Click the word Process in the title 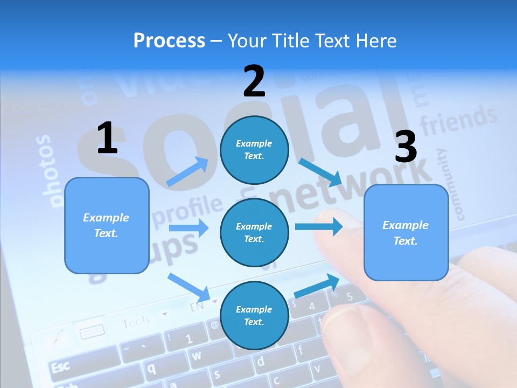(169, 40)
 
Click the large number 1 (107, 138)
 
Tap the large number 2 (254, 81)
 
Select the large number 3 (406, 147)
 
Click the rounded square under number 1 (107, 225)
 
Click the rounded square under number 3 (406, 232)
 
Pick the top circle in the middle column (254, 150)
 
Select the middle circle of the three (254, 232)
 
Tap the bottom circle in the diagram (254, 315)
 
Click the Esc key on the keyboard (61, 367)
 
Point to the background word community (450, 185)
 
